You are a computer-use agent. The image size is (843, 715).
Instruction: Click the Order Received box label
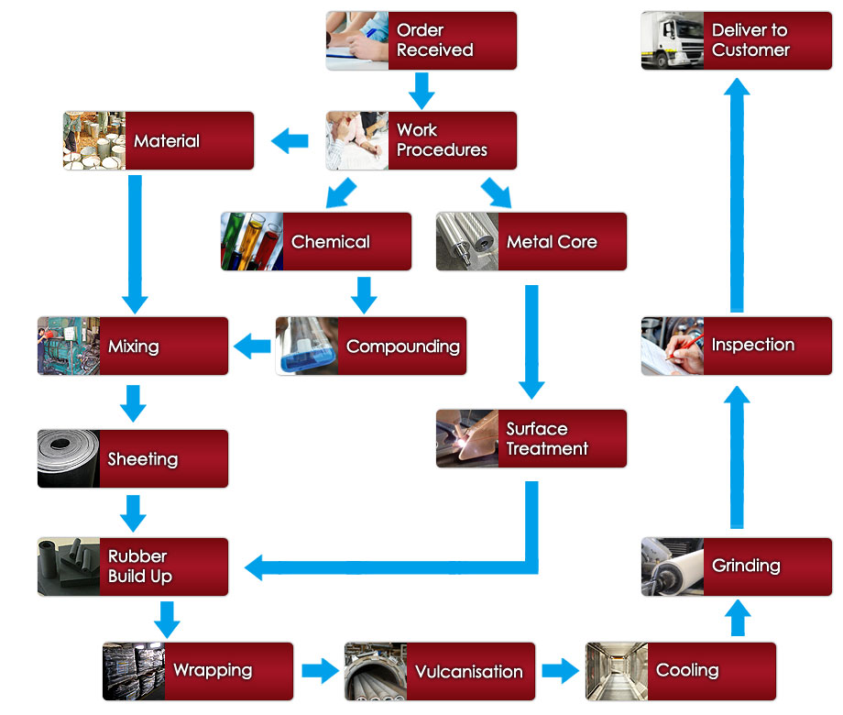(434, 40)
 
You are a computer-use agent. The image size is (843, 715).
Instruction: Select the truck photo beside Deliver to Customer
(672, 40)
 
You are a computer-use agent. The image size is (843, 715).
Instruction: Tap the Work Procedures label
(442, 140)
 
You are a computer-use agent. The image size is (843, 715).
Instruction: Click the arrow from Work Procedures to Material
(290, 141)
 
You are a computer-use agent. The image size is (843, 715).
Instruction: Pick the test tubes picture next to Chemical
(252, 242)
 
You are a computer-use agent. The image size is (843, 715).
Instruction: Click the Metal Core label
(552, 242)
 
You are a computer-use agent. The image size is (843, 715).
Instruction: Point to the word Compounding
(402, 346)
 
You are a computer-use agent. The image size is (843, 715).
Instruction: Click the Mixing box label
(134, 346)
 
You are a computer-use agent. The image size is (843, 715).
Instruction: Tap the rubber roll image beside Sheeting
(69, 459)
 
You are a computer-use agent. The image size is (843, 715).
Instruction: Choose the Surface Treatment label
(547, 439)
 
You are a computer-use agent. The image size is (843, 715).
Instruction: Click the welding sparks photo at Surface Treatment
(467, 439)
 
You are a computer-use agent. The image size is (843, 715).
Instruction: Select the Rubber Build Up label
(139, 566)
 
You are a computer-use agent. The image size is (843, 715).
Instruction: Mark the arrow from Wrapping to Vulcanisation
(319, 671)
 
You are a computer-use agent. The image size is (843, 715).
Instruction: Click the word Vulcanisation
(468, 671)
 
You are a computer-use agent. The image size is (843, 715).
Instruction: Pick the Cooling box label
(687, 671)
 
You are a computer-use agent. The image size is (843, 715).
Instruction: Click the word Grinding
(746, 566)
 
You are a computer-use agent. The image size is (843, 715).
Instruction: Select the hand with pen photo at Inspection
(673, 346)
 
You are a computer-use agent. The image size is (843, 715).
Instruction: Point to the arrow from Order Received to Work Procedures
(421, 90)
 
